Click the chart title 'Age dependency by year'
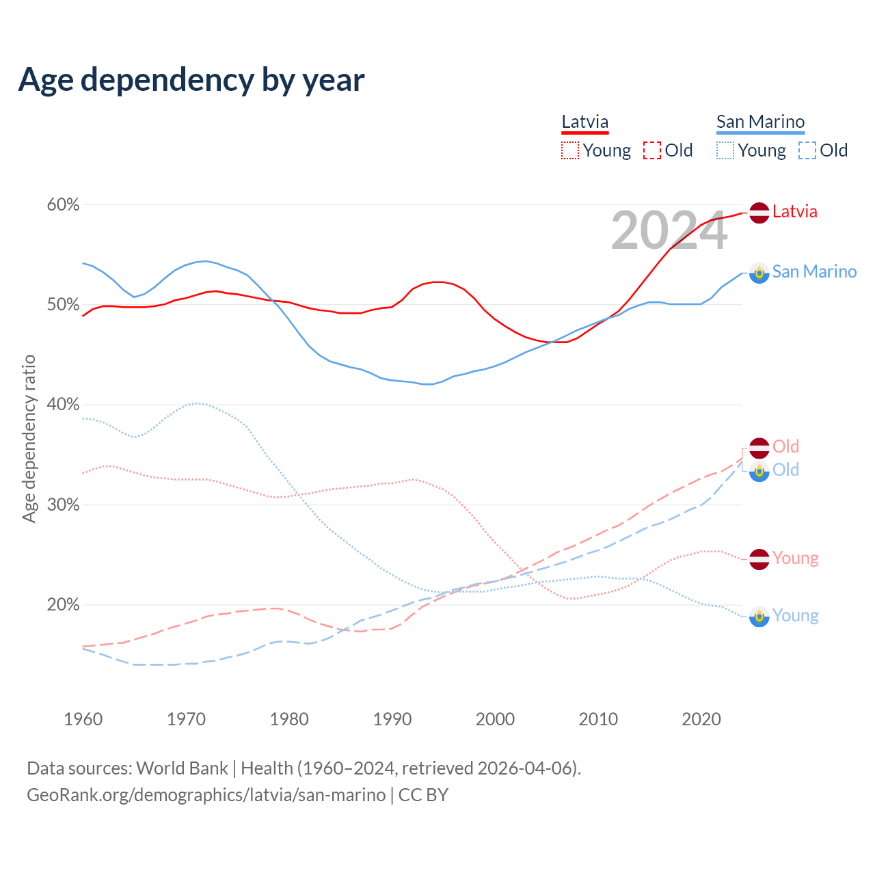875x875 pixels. click(x=191, y=80)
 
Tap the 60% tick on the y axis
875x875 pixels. click(x=64, y=205)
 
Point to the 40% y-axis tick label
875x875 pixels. click(x=64, y=405)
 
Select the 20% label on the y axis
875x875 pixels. click(x=64, y=605)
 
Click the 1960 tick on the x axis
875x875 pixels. click(x=83, y=719)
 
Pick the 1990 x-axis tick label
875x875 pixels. click(x=392, y=719)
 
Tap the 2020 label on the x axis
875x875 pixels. click(x=701, y=719)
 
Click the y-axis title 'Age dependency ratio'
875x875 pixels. click(x=29, y=438)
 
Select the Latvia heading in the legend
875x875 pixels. click(x=584, y=122)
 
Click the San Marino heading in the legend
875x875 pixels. click(x=760, y=122)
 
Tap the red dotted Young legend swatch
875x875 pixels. click(x=569, y=150)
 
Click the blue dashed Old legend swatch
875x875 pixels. click(x=807, y=150)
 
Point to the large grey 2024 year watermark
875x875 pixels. click(x=669, y=231)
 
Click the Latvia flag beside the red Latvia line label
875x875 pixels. click(x=759, y=213)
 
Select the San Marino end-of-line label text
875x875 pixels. click(x=814, y=272)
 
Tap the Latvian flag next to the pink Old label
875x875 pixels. click(x=759, y=448)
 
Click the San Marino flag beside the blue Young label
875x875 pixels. click(x=759, y=617)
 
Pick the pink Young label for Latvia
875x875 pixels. click(x=795, y=558)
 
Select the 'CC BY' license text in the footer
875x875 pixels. click(x=423, y=795)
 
